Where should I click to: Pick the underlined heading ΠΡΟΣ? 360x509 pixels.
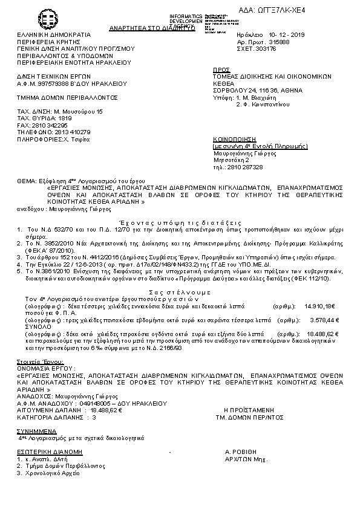click(222, 70)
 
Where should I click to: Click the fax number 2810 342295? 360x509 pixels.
click(48, 125)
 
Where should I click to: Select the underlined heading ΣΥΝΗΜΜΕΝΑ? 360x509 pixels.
click(36, 430)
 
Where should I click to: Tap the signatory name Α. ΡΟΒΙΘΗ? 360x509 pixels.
click(241, 452)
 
